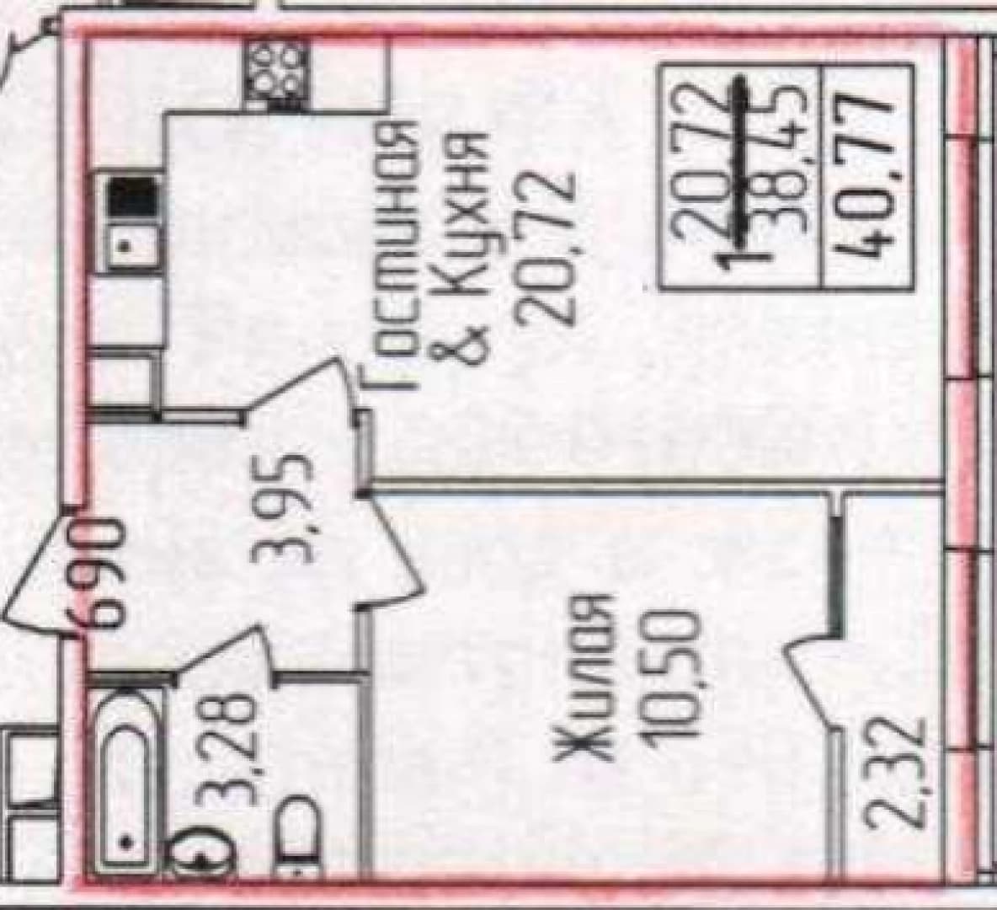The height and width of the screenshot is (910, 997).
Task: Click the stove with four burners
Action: point(276,72)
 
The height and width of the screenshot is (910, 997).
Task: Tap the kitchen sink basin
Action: point(131,245)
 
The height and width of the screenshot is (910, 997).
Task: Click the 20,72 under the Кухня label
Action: point(546,249)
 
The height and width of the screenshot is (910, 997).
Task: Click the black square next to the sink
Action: point(131,197)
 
